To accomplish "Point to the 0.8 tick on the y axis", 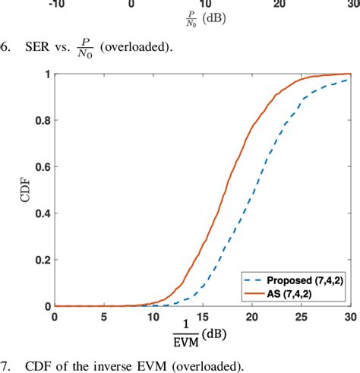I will [x=43, y=121].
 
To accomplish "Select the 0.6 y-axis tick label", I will [x=43, y=167].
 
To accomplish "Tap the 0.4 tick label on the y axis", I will [x=43, y=213].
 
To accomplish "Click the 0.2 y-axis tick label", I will [x=43, y=260].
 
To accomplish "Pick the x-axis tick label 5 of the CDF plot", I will [x=103, y=315].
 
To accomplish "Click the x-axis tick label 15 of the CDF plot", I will [x=202, y=315].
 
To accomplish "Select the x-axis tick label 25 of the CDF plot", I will [x=302, y=315].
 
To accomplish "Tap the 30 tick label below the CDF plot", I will [x=349, y=315].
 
